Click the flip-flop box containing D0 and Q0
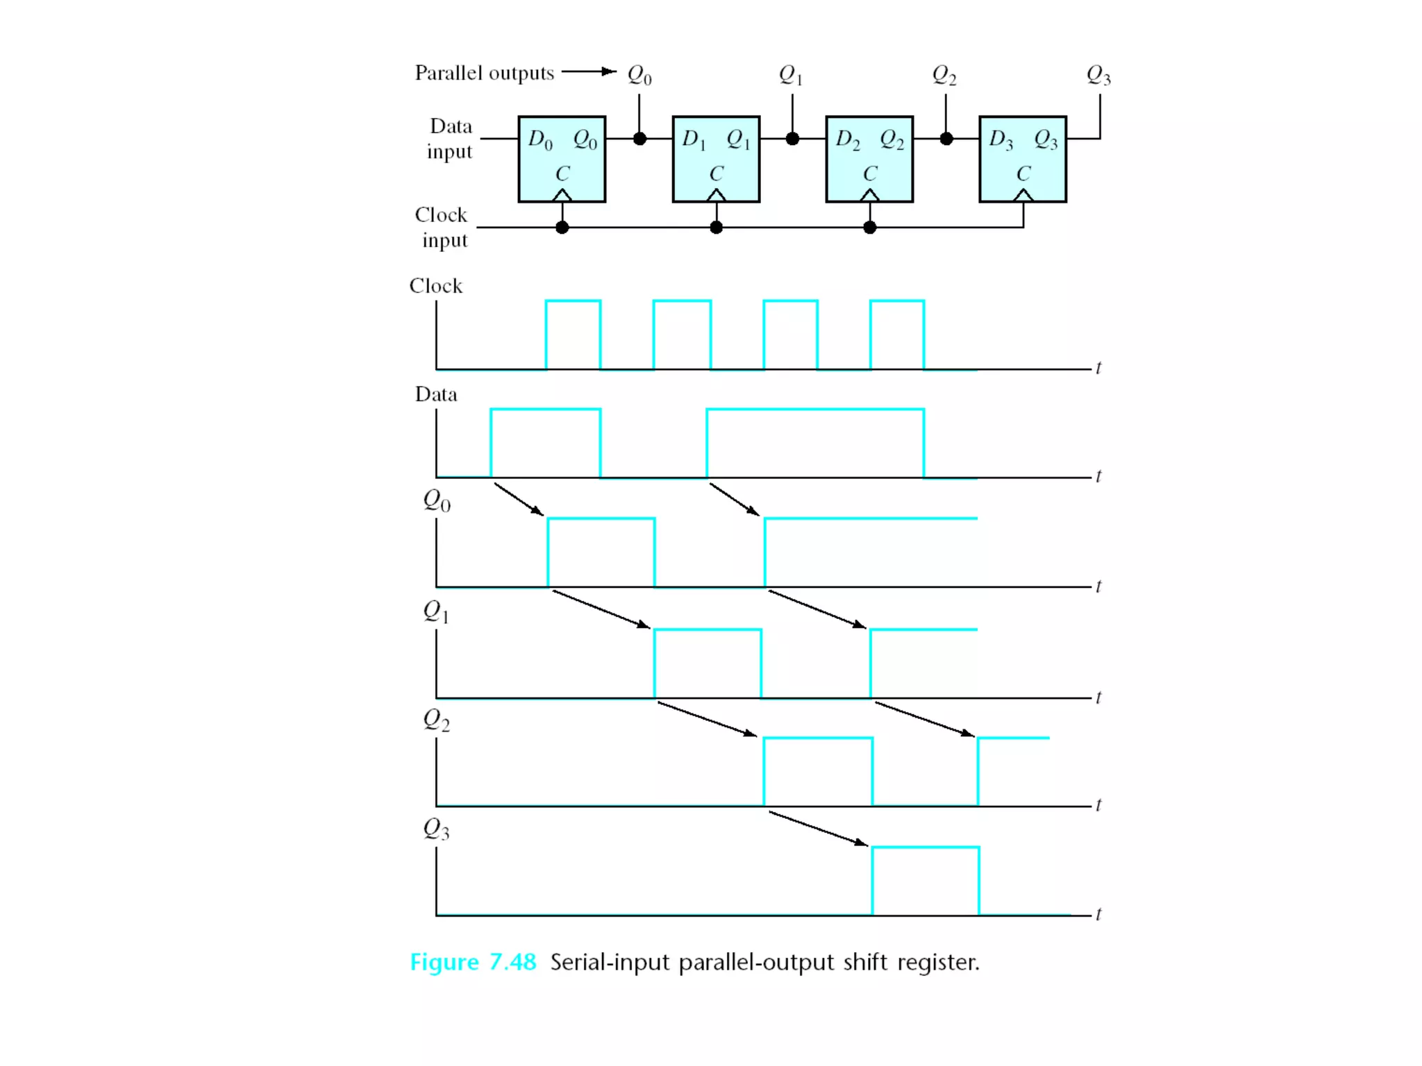pos(562,159)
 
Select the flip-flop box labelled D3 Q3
pos(1022,159)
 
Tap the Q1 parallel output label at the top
pos(790,74)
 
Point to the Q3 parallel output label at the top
pos(1098,74)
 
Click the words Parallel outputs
pos(484,73)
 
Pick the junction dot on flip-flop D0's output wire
pos(639,139)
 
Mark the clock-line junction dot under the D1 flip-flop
pos(716,227)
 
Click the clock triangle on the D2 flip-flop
pos(869,195)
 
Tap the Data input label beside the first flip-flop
pos(450,139)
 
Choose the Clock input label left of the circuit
pos(442,227)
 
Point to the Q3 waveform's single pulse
pos(925,880)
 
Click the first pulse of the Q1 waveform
pos(708,663)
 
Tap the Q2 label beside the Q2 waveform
pos(436,720)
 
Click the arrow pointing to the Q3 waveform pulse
pos(818,829)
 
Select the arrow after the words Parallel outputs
pos(589,71)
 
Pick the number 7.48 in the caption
pos(512,962)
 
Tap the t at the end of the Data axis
pos(1098,476)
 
